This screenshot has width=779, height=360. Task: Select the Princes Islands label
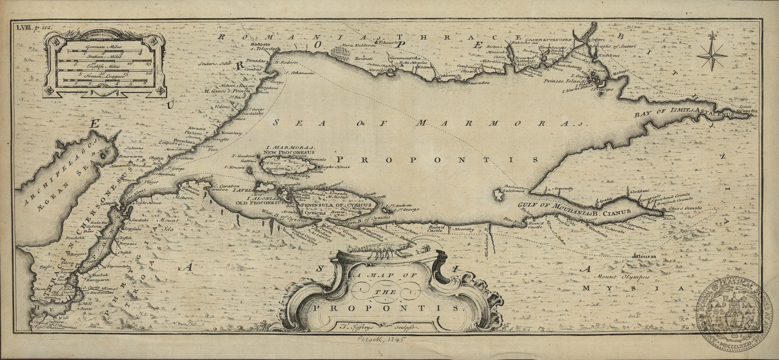pyautogui.click(x=565, y=81)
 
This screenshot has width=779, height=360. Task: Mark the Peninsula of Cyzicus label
pyautogui.click(x=336, y=205)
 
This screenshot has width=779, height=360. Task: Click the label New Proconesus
pyautogui.click(x=288, y=152)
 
